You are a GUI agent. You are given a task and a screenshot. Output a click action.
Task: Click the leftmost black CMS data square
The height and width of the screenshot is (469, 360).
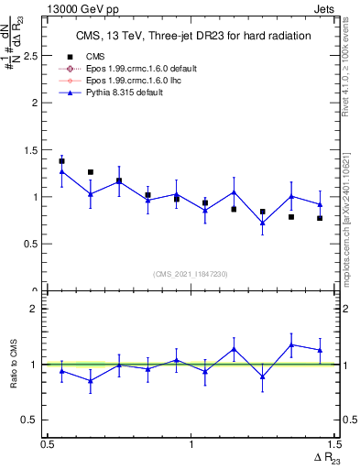pyautogui.click(x=62, y=161)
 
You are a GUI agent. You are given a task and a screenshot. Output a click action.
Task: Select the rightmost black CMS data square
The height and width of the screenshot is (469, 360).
pyautogui.click(x=320, y=218)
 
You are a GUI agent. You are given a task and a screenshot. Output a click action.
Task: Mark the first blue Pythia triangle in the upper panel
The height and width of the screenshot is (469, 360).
pyautogui.click(x=62, y=171)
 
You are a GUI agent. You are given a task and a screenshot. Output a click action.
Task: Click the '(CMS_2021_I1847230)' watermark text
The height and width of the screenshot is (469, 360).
pyautogui.click(x=191, y=274)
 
